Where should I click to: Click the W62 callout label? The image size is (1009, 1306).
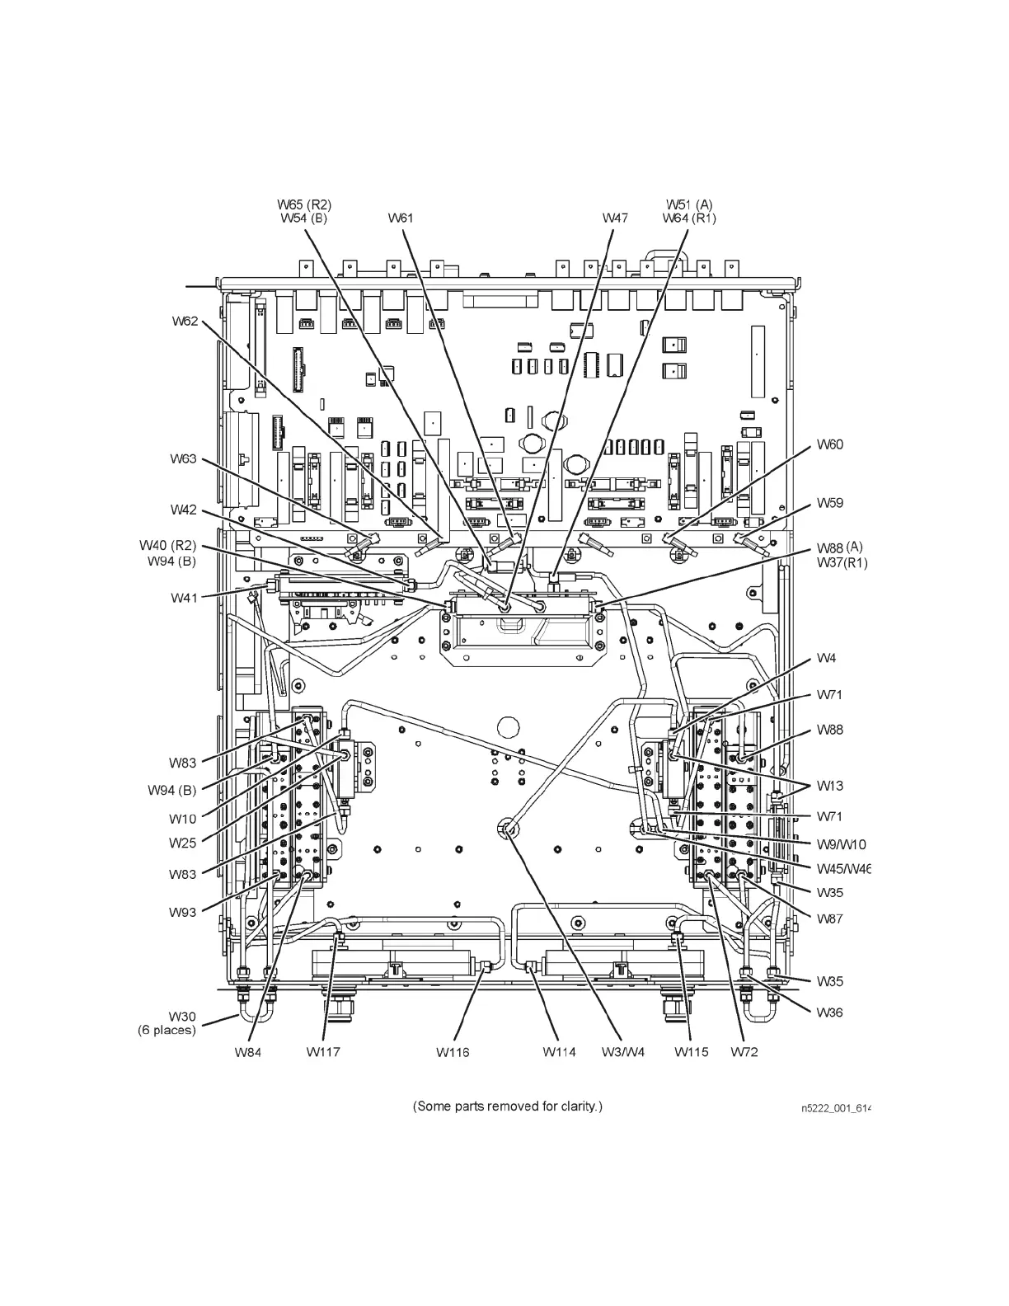coord(185,322)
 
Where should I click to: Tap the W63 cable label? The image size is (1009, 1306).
coord(183,458)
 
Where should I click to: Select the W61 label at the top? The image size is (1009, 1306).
coord(400,218)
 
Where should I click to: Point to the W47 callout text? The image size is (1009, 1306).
coord(615,218)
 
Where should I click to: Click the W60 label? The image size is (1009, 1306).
coord(830,444)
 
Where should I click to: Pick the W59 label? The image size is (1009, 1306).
coord(830,502)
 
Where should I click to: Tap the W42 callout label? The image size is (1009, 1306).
coord(183,510)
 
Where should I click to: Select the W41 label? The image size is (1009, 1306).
coord(184,598)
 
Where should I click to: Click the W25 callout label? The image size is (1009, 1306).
coord(183,843)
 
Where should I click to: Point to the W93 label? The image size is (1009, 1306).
coord(183,912)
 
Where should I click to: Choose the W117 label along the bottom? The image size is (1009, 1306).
coord(322,1051)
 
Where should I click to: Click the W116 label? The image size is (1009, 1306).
coord(453,1051)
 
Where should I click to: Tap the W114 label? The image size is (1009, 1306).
coord(559,1051)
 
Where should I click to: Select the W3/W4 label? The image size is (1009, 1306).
coord(622,1051)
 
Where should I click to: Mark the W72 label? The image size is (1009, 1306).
coord(744,1051)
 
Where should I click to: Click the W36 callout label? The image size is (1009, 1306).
coord(830,1012)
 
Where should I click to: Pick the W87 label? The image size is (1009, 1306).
coord(830,918)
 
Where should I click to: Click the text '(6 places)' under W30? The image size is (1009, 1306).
coord(167,1030)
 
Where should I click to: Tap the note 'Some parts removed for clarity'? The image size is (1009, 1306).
coord(507,1106)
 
